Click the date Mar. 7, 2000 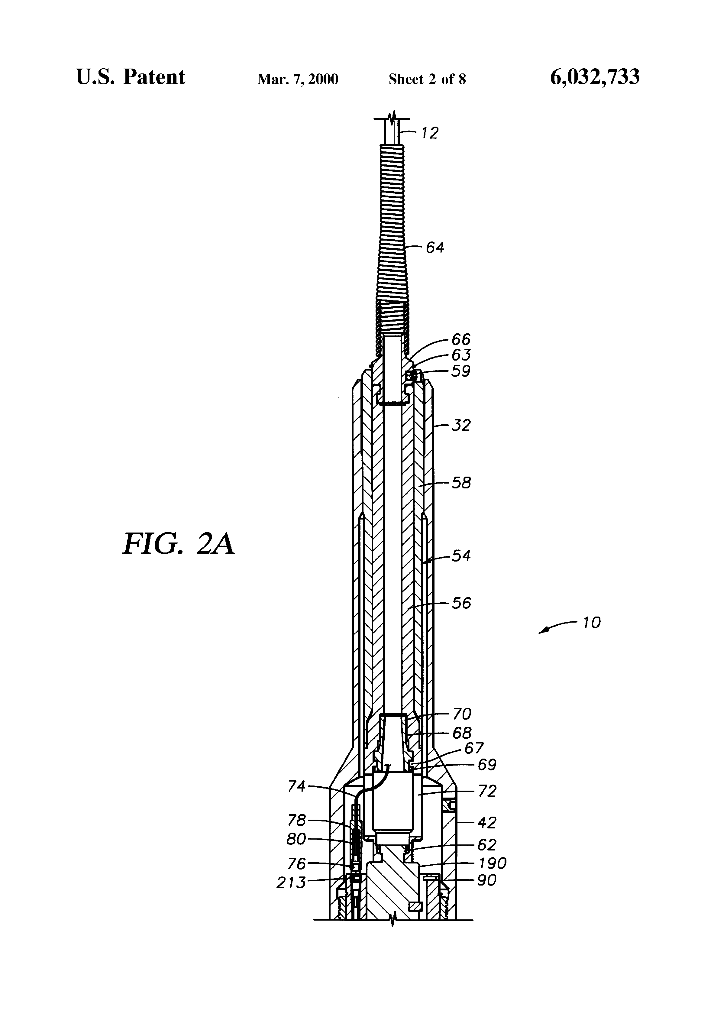[298, 79]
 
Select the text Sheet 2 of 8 [427, 79]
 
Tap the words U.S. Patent [131, 78]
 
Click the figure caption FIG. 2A [178, 545]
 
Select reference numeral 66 [461, 339]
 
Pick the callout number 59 [461, 371]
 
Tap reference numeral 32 [461, 426]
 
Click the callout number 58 [461, 483]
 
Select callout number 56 [461, 603]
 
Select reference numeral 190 [492, 863]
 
